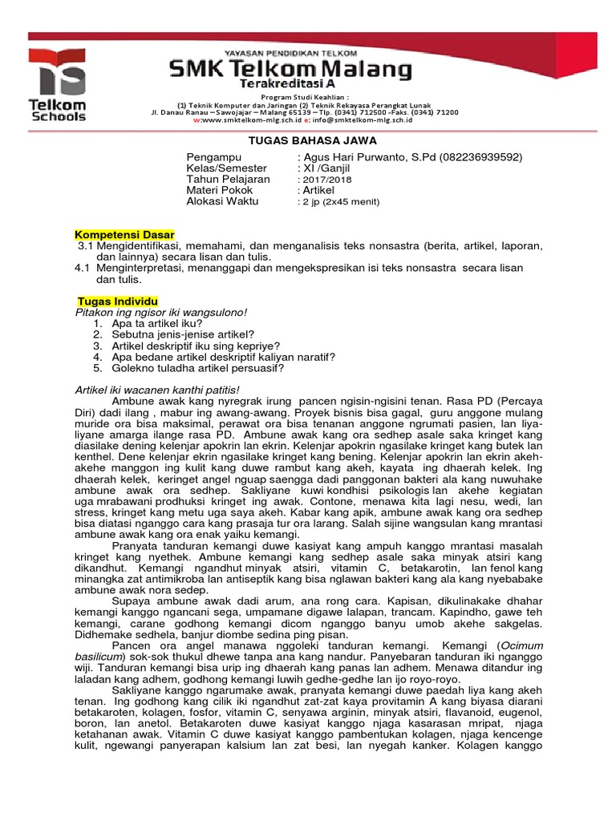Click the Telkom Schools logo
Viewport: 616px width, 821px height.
pyautogui.click(x=57, y=84)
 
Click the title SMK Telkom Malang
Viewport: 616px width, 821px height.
pyautogui.click(x=290, y=71)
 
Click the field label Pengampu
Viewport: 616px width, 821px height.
pyautogui.click(x=213, y=157)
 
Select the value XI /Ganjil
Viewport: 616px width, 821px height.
pyautogui.click(x=326, y=168)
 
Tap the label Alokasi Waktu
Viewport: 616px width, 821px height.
pyautogui.click(x=222, y=202)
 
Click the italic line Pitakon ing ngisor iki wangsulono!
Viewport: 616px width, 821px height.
pyautogui.click(x=160, y=311)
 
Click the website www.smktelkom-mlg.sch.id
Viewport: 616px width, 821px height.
pyautogui.click(x=249, y=119)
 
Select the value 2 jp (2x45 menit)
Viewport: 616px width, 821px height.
pyautogui.click(x=339, y=202)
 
